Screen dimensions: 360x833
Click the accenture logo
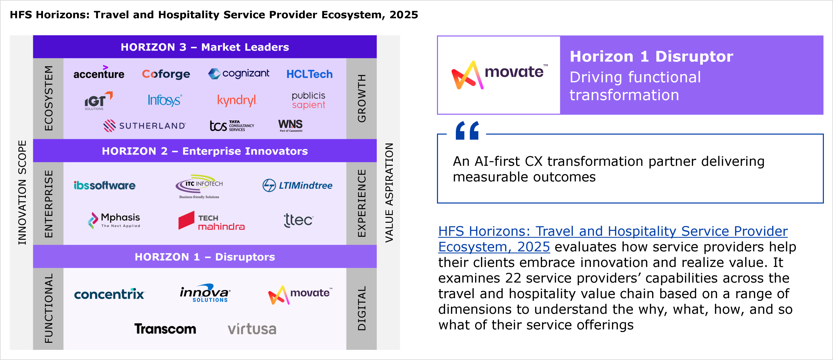pos(99,73)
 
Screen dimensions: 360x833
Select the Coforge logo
pos(166,74)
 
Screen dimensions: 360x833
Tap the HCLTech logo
pos(309,74)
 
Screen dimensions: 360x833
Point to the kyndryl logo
pos(237,100)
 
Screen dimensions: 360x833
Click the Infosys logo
pos(165,100)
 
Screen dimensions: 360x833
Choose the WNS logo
pos(290,125)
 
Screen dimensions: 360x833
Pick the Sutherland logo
pos(144,126)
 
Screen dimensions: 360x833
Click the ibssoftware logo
pos(104,185)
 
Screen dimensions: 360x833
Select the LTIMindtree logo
pos(297,185)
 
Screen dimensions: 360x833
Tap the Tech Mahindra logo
pos(212,221)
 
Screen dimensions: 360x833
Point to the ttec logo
pos(298,220)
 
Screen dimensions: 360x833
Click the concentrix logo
pos(109,294)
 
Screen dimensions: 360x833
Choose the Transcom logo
pos(165,329)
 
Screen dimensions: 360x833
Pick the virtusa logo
pos(252,329)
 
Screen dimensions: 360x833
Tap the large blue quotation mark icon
pos(467,130)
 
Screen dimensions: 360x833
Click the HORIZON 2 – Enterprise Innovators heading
pos(205,151)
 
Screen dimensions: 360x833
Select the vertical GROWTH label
pos(362,98)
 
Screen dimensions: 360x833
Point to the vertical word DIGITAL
pos(362,308)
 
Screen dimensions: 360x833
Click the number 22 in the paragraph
pos(513,278)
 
